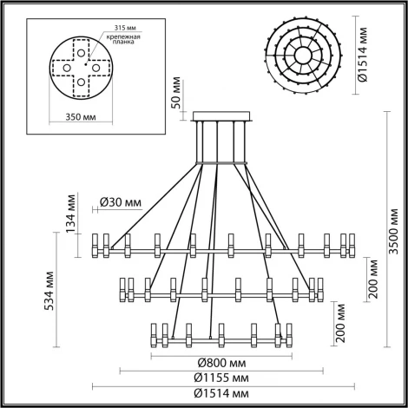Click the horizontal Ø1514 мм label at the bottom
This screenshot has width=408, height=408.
coord(219,394)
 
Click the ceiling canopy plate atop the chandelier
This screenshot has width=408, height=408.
coord(219,115)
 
